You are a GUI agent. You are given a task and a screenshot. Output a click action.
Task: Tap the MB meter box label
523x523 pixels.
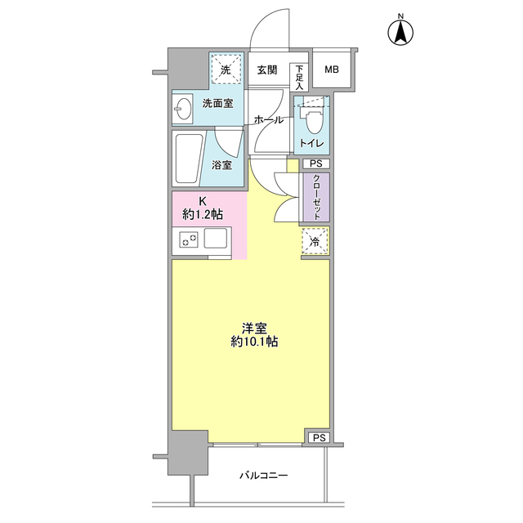click(x=332, y=69)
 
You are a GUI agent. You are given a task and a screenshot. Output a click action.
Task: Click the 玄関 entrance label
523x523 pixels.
click(x=267, y=69)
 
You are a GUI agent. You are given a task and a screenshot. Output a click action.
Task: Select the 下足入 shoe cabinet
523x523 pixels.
click(x=299, y=78)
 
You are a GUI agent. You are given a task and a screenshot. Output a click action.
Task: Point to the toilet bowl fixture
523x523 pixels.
click(x=312, y=118)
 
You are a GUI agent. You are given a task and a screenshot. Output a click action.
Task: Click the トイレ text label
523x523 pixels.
click(x=311, y=144)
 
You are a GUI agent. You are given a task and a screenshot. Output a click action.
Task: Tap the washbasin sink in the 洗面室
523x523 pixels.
click(x=182, y=107)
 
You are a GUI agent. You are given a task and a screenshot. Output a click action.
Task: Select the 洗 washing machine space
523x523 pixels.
click(x=226, y=70)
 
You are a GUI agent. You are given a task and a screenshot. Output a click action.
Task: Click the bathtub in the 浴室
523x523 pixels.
click(x=188, y=158)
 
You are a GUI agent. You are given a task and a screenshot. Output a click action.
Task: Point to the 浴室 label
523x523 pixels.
click(x=221, y=165)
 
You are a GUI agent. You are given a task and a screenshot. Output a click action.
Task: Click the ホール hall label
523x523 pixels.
click(x=269, y=120)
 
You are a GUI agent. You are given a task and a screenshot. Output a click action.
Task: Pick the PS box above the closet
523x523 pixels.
click(x=316, y=163)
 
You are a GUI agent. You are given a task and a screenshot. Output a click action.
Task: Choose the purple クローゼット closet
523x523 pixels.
click(x=316, y=197)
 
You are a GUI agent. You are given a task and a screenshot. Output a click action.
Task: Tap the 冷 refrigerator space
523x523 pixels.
click(x=315, y=241)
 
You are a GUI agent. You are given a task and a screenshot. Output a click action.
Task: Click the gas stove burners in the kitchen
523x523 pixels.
click(x=189, y=239)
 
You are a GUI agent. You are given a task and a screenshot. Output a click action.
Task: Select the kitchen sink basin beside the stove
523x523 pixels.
click(x=216, y=238)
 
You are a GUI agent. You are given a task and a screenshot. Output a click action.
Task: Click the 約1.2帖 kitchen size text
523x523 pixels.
click(x=203, y=214)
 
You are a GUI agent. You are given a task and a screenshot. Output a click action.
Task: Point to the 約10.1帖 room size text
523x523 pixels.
click(x=254, y=342)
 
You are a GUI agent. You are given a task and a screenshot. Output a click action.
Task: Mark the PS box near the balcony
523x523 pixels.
click(x=319, y=437)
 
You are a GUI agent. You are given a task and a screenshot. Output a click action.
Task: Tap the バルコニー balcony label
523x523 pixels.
click(x=263, y=475)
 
